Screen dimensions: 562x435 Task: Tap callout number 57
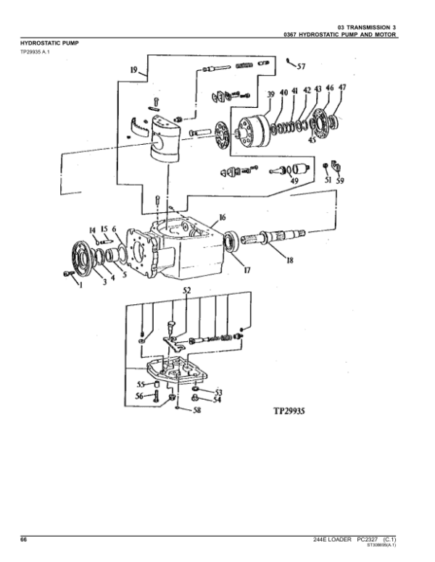click(301, 66)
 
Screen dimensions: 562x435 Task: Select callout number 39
click(270, 94)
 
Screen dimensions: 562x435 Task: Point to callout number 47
click(341, 88)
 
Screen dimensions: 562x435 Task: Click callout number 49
click(294, 180)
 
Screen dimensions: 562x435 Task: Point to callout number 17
click(247, 271)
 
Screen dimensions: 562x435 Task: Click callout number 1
click(81, 286)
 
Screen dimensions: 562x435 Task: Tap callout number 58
click(196, 411)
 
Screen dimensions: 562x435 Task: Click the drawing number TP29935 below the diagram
click(289, 409)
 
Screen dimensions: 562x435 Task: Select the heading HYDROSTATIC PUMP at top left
click(49, 43)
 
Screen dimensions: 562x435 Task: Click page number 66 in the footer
click(24, 540)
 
